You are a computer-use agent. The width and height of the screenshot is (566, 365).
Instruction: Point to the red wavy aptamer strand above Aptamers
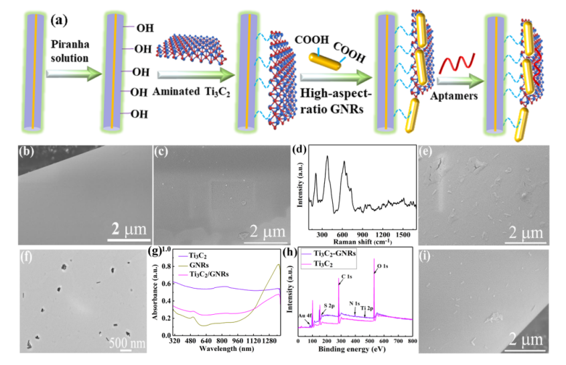pos(455,66)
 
